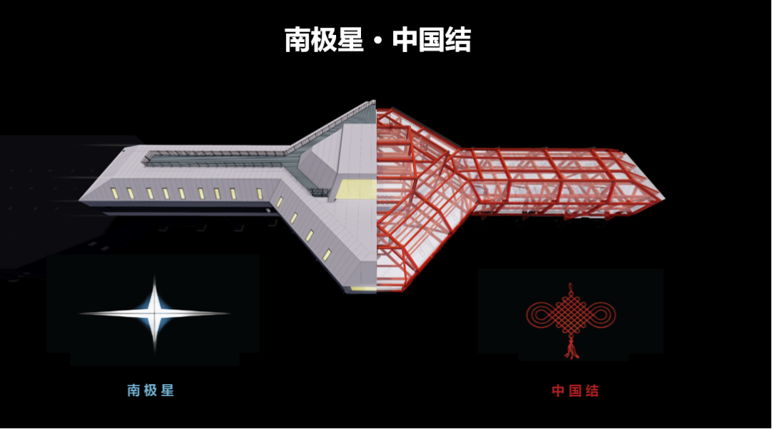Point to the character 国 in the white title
[x=431, y=39]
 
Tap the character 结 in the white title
[x=457, y=39]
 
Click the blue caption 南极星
[x=151, y=390]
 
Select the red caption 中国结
[x=575, y=390]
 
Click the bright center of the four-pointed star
[x=155, y=313]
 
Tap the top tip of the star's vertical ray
[x=155, y=277]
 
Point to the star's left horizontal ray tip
[x=81, y=313]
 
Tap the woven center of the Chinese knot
[x=570, y=313]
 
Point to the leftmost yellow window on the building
[x=114, y=191]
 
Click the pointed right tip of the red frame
[x=663, y=196]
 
